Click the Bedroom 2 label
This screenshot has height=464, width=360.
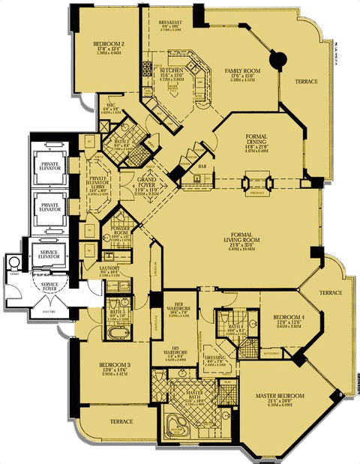point(109,44)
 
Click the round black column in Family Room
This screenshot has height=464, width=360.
point(277,58)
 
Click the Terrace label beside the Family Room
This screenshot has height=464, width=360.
point(306,81)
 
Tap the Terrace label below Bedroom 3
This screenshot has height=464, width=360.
point(121,422)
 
